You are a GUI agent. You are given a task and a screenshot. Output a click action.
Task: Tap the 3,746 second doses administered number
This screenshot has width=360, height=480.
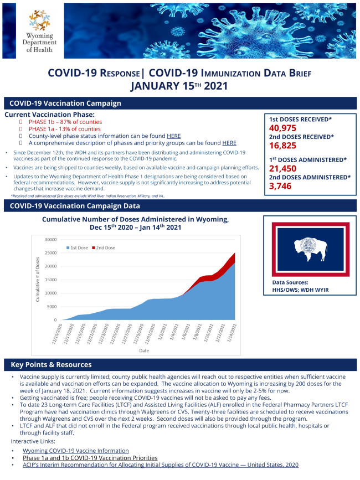tap(281, 186)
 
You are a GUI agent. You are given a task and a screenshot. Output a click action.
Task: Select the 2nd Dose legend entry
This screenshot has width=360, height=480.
tap(105, 247)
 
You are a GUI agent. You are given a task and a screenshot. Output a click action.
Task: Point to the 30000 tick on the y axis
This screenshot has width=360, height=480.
tap(51, 240)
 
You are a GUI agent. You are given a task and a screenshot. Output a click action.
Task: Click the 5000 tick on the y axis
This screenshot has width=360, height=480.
tap(52, 307)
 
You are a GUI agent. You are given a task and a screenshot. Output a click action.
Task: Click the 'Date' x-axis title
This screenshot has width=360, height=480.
tap(144, 350)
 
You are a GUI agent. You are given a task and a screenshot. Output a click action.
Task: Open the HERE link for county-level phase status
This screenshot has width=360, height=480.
tap(174, 136)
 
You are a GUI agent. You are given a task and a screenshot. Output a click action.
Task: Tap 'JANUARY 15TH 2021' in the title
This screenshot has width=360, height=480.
tap(179, 86)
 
